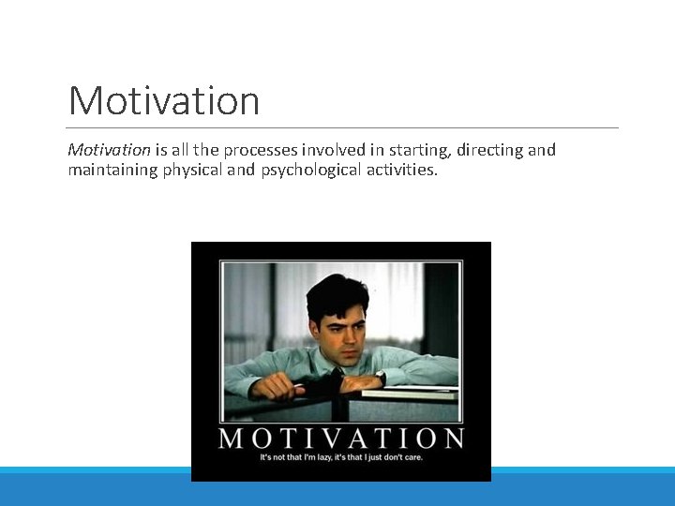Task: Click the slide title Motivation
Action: (164, 100)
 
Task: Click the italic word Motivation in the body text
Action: (109, 150)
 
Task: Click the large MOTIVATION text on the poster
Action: (341, 438)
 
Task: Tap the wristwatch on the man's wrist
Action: (380, 377)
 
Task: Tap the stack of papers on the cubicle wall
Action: (410, 392)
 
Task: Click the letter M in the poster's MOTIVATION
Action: (232, 438)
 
